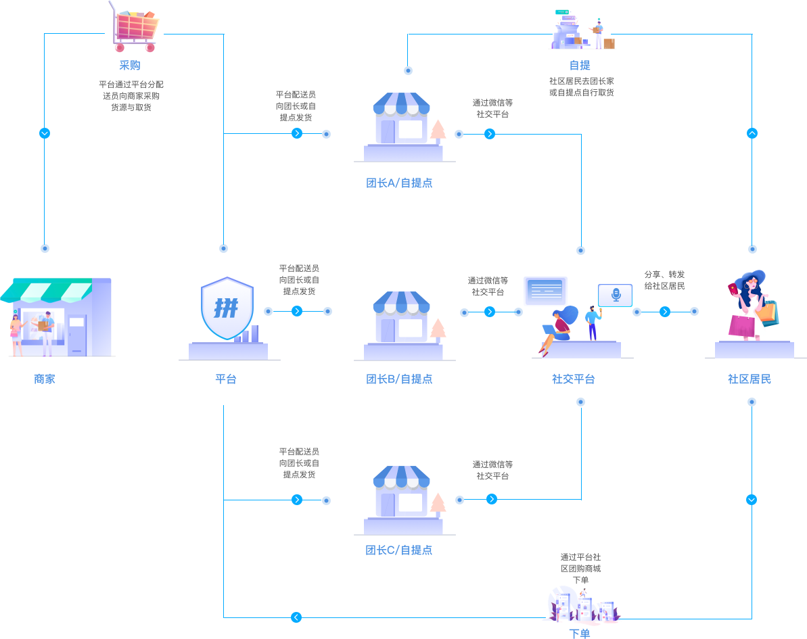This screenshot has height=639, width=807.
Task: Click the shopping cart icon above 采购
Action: tap(135, 27)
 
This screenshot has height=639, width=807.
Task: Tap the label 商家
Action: tap(45, 379)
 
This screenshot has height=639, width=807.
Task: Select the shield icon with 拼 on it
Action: tap(227, 308)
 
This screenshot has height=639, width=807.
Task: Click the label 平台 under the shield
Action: tap(226, 379)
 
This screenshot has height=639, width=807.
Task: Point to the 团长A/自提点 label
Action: tap(399, 183)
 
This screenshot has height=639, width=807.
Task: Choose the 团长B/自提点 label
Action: tap(399, 379)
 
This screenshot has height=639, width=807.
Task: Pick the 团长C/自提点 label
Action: tap(399, 550)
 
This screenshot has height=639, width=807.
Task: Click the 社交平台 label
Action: tap(574, 379)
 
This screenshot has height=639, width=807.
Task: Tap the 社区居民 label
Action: tap(750, 379)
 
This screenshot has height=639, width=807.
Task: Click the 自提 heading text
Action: tap(580, 66)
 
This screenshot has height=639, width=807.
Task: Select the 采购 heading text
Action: tap(130, 66)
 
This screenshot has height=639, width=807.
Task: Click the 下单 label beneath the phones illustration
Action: tap(580, 634)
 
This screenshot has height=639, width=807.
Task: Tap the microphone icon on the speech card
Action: tap(616, 295)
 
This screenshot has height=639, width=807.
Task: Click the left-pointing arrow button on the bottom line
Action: tap(296, 617)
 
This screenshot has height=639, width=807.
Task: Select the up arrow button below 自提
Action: tap(752, 133)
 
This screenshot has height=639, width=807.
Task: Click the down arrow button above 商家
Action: tap(45, 133)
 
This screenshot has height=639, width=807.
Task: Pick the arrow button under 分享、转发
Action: tap(665, 312)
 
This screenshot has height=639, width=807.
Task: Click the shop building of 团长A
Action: tap(402, 122)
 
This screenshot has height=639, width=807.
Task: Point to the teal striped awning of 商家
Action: tap(47, 291)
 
